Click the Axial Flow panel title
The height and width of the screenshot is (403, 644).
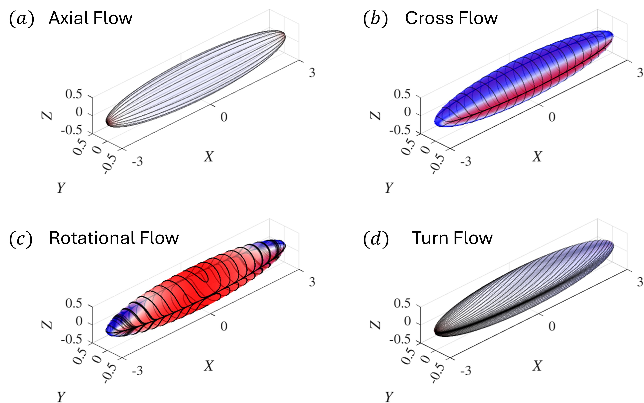tap(90, 18)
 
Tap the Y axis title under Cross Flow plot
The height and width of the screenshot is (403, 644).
tap(389, 188)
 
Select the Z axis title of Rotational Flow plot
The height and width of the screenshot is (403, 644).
tap(47, 324)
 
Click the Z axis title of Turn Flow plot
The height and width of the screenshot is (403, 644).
tap(375, 324)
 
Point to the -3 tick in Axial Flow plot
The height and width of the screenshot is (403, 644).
tap(137, 161)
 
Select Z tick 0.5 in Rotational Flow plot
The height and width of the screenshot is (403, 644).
tap(74, 303)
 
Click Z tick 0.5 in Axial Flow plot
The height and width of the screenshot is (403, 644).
tap(74, 94)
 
